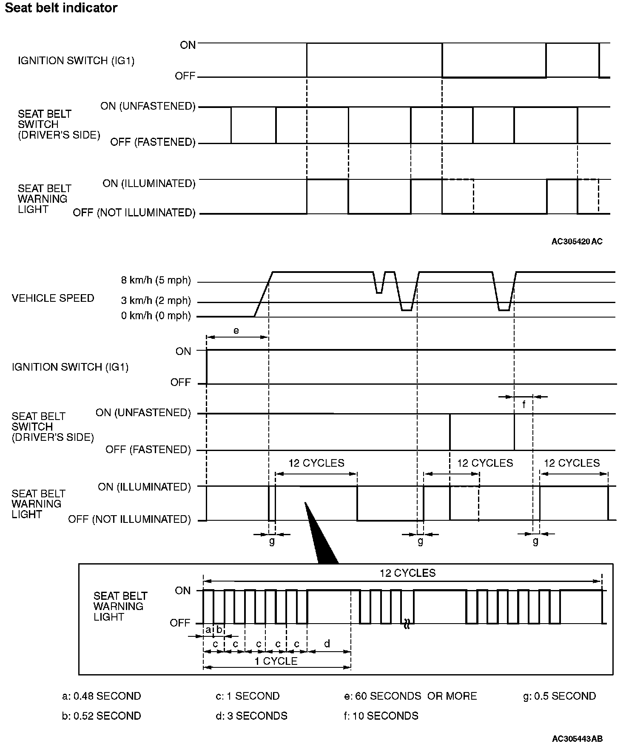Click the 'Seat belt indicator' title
(61, 8)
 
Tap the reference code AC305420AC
(577, 241)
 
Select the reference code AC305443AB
(577, 738)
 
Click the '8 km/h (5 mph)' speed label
(156, 281)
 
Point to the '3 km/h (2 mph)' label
(156, 301)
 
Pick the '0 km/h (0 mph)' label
(156, 316)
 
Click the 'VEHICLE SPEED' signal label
(53, 298)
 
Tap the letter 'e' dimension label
(236, 330)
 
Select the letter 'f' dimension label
(524, 405)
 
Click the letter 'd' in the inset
(327, 644)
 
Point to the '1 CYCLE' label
(276, 661)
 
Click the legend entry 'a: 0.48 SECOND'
(102, 696)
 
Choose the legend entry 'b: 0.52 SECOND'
(102, 716)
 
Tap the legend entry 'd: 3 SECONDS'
(251, 716)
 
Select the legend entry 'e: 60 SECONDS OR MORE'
(410, 696)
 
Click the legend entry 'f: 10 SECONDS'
(381, 716)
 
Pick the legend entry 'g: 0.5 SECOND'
(559, 696)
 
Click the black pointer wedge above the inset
(320, 536)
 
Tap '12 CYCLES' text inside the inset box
(407, 573)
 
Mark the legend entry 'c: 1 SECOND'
(248, 696)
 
